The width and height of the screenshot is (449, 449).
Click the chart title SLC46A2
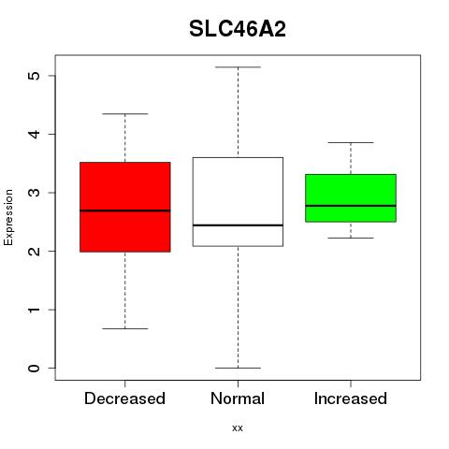pyautogui.click(x=238, y=29)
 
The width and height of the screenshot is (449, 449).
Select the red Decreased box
pyautogui.click(x=125, y=207)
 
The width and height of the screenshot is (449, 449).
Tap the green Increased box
pyautogui.click(x=351, y=198)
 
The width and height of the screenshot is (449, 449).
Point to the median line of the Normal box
pyautogui.click(x=238, y=225)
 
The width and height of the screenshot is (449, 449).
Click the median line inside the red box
pyautogui.click(x=125, y=210)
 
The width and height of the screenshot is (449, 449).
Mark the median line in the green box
pyautogui.click(x=351, y=206)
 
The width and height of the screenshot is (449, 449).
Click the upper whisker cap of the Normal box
pyautogui.click(x=238, y=67)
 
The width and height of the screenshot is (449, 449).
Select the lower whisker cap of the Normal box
pyautogui.click(x=238, y=368)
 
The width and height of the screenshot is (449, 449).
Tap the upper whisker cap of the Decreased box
pyautogui.click(x=125, y=114)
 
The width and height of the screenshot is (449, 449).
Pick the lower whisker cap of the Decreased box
pyautogui.click(x=125, y=328)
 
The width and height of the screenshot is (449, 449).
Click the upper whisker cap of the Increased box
pyautogui.click(x=351, y=142)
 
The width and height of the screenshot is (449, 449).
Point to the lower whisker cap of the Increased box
pyautogui.click(x=351, y=238)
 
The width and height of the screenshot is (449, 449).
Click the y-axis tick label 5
pyautogui.click(x=34, y=76)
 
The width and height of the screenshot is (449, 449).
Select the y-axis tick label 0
pyautogui.click(x=34, y=369)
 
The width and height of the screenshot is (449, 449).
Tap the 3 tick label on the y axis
pyautogui.click(x=34, y=193)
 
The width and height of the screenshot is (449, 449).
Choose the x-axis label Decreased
pyautogui.click(x=124, y=398)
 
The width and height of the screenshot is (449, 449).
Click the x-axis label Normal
pyautogui.click(x=238, y=398)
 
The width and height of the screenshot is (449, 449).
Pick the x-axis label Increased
pyautogui.click(x=351, y=398)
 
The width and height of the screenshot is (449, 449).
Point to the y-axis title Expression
pyautogui.click(x=8, y=217)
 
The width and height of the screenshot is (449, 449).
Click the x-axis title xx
pyautogui.click(x=238, y=428)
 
